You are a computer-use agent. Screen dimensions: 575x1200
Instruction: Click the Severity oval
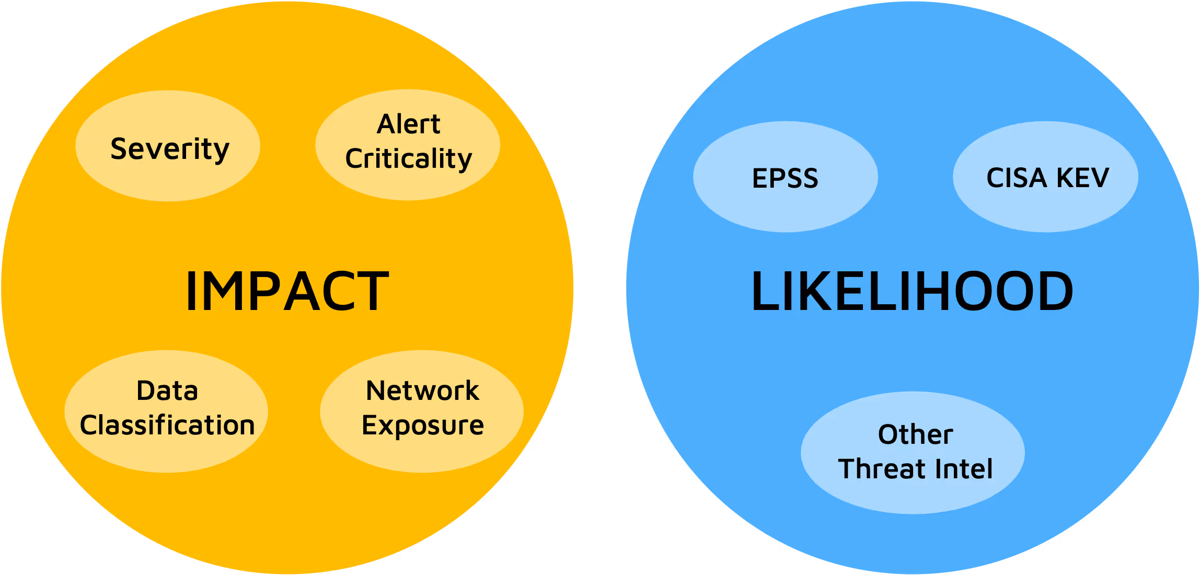(x=168, y=146)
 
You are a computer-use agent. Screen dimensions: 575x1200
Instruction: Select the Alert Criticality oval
(x=408, y=145)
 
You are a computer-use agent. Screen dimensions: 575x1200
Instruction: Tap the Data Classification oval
(x=166, y=411)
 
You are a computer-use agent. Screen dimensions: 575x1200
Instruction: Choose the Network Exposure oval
(x=422, y=411)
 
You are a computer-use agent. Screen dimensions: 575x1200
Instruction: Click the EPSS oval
(x=786, y=177)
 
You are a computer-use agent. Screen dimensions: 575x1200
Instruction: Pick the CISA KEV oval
(x=1046, y=177)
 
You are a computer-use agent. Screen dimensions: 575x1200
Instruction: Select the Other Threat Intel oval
(x=913, y=453)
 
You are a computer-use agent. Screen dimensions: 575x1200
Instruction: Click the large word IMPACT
(x=287, y=291)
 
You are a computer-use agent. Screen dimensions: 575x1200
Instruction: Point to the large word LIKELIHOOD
(x=912, y=291)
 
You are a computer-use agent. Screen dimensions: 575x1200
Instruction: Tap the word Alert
(x=409, y=124)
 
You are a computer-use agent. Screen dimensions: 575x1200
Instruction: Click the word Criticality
(x=409, y=158)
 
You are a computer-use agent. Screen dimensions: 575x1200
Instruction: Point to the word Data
(x=167, y=390)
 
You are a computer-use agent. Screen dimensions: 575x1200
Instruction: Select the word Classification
(x=167, y=424)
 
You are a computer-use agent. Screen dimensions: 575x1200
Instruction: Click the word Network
(x=422, y=390)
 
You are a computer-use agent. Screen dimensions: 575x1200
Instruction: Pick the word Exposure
(x=423, y=425)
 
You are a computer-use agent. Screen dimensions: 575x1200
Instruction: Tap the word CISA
(x=1016, y=178)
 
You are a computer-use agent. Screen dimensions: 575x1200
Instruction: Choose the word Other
(x=916, y=434)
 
